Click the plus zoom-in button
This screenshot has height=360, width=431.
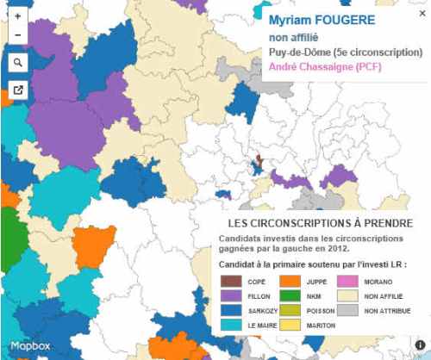click(x=18, y=16)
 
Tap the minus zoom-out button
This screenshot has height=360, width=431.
click(x=18, y=35)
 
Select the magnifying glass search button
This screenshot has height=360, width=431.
click(x=18, y=62)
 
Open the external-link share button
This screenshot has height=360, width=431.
click(x=18, y=90)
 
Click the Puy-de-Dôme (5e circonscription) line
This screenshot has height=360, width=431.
click(x=345, y=53)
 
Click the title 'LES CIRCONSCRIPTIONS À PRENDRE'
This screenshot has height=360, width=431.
click(x=313, y=224)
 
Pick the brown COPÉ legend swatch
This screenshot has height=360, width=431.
click(x=229, y=281)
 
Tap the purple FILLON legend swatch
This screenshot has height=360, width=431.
click(x=229, y=295)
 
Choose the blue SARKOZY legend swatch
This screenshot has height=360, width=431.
click(x=229, y=310)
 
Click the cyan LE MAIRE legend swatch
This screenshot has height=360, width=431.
click(x=229, y=326)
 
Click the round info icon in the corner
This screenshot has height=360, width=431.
click(x=420, y=345)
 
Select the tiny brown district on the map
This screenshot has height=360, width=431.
click(x=258, y=160)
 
